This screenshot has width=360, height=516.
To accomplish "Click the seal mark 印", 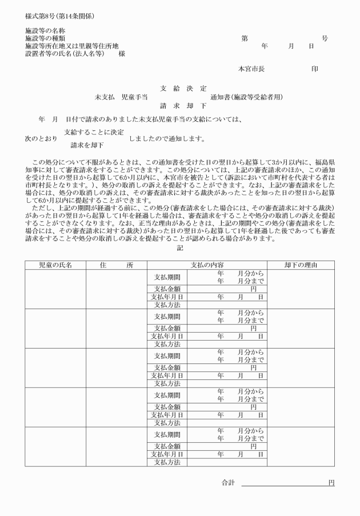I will [x=315, y=69].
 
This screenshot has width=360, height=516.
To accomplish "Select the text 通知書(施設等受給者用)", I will [x=246, y=97].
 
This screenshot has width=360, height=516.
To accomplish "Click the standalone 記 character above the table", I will [x=180, y=248].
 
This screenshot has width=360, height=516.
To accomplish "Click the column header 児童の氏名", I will [x=55, y=265].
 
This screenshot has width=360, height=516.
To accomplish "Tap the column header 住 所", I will [x=116, y=265].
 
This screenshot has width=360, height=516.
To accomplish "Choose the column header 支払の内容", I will [x=207, y=265].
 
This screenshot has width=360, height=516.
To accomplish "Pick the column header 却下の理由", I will [x=301, y=265].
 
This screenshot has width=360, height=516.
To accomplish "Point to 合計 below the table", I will [x=228, y=483].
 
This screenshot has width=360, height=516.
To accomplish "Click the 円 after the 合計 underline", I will [x=331, y=483].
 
